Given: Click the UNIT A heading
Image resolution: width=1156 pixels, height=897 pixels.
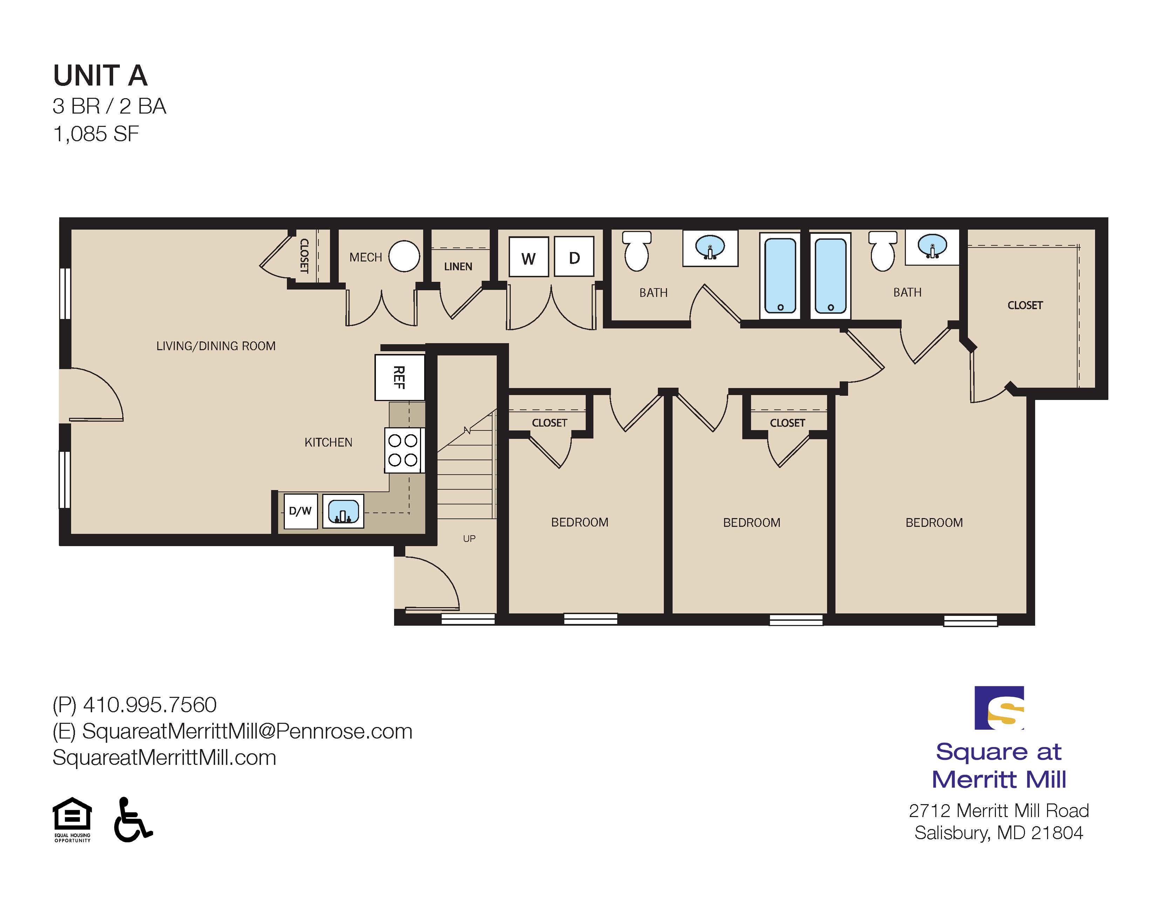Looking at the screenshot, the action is pos(100,76).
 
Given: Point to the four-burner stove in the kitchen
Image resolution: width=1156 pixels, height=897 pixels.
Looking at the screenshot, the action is pos(403,450).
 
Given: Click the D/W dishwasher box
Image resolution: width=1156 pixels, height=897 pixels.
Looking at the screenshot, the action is pos(301,511).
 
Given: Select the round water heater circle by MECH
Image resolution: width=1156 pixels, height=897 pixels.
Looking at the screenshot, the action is pos(404,256).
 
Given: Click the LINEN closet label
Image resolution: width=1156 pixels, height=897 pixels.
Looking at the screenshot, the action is pos(458,266).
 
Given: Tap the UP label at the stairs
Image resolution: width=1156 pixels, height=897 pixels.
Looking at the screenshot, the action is pos(469,538).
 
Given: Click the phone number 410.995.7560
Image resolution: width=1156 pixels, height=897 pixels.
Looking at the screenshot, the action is pos(150,705).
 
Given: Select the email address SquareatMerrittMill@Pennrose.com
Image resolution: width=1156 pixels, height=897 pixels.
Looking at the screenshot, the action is pos(247,731).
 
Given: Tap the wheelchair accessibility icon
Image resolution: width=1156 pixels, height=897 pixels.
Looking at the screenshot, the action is pos(132,819).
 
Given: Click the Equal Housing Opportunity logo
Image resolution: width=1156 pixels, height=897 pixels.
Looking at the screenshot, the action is pos(72,820).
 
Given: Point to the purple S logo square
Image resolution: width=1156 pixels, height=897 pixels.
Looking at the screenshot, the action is pos(999,708).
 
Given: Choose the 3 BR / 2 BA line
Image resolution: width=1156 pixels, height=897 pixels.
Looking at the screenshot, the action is pos(110,107).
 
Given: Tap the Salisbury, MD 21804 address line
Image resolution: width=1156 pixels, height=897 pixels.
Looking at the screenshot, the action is pos(999,833).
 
